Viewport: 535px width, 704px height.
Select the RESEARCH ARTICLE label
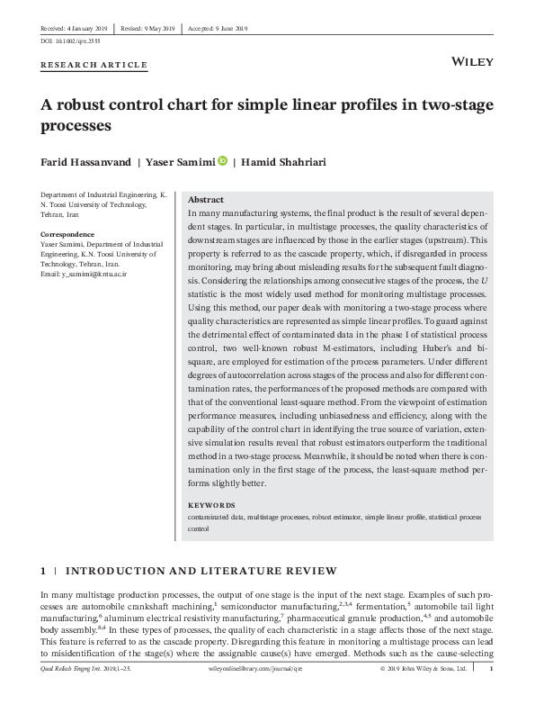point(94,65)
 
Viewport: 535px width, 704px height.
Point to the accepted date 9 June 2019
point(221,28)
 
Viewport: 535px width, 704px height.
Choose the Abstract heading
point(206,199)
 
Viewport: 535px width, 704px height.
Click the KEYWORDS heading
point(210,505)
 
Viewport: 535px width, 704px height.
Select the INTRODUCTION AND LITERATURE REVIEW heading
point(201,571)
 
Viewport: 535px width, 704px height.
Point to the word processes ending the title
point(76,126)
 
